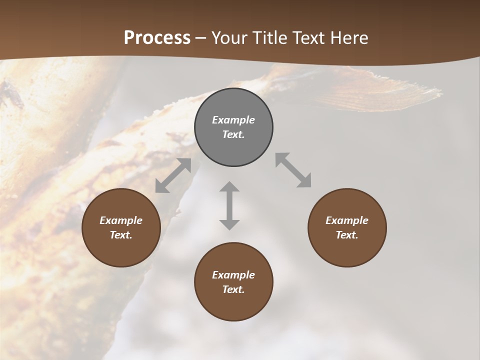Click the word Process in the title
coord(157,38)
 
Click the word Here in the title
coord(349,38)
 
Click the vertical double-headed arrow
coord(229,205)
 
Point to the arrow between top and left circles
coord(173,175)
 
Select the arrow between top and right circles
coord(293,170)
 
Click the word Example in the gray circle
coord(233,120)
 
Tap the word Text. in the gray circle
coord(233,134)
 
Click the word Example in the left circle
coord(121,220)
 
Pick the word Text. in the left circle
coord(121,235)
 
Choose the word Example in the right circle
coord(347,220)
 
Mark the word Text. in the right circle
coord(347,235)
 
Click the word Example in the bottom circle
coord(233,275)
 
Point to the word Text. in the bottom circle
coord(233,289)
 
